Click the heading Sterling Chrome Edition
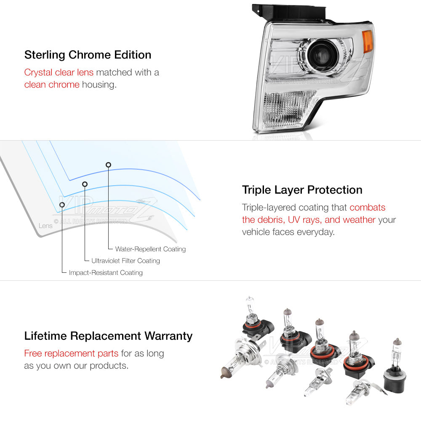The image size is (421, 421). pyautogui.click(x=88, y=55)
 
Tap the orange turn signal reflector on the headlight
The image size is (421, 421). pyautogui.click(x=367, y=42)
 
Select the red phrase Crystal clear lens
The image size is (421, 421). pyautogui.click(x=59, y=72)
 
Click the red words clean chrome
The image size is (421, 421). pyautogui.click(x=52, y=85)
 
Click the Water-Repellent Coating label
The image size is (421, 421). pyautogui.click(x=150, y=249)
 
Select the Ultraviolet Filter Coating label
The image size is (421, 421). pyautogui.click(x=125, y=261)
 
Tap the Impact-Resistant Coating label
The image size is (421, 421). pyautogui.click(x=106, y=272)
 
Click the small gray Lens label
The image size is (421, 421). pyautogui.click(x=45, y=226)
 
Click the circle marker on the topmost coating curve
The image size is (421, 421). pyautogui.click(x=108, y=165)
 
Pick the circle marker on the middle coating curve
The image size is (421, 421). pyautogui.click(x=85, y=184)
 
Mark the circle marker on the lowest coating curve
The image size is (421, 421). pyautogui.click(x=62, y=205)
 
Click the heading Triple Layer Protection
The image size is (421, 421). pyautogui.click(x=302, y=190)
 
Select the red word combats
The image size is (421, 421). pyautogui.click(x=367, y=207)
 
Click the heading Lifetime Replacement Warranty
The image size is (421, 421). pyautogui.click(x=108, y=336)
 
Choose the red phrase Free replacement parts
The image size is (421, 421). pyautogui.click(x=71, y=353)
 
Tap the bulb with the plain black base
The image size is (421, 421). pyautogui.click(x=395, y=367)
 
